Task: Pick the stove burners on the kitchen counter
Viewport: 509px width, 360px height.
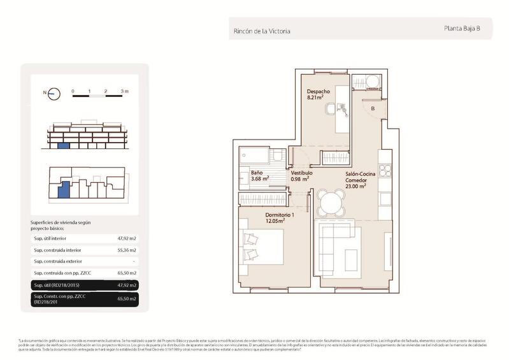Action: [x=384, y=170]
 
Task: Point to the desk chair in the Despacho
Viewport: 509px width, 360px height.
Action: [x=329, y=109]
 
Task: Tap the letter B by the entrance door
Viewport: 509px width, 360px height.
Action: [x=373, y=108]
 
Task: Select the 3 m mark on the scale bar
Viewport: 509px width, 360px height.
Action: [x=124, y=92]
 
